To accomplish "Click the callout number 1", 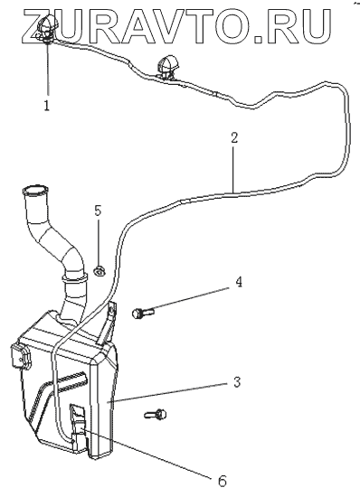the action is [x=47, y=105].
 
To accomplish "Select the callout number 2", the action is [x=234, y=138].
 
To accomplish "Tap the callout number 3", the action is [x=237, y=382].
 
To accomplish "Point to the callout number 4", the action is [x=239, y=282].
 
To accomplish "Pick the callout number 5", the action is [x=98, y=211].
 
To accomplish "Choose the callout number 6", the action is [x=223, y=481].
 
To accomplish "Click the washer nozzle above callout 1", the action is [x=47, y=28].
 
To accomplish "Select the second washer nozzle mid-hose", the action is [x=166, y=68].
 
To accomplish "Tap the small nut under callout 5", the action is [x=99, y=271].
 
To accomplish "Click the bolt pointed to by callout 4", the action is [x=143, y=314].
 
